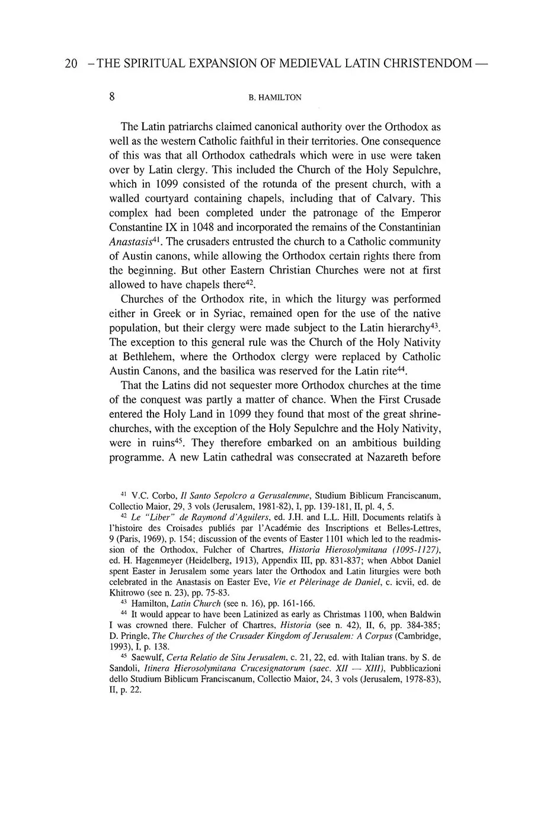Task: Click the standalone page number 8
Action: click(112, 97)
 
